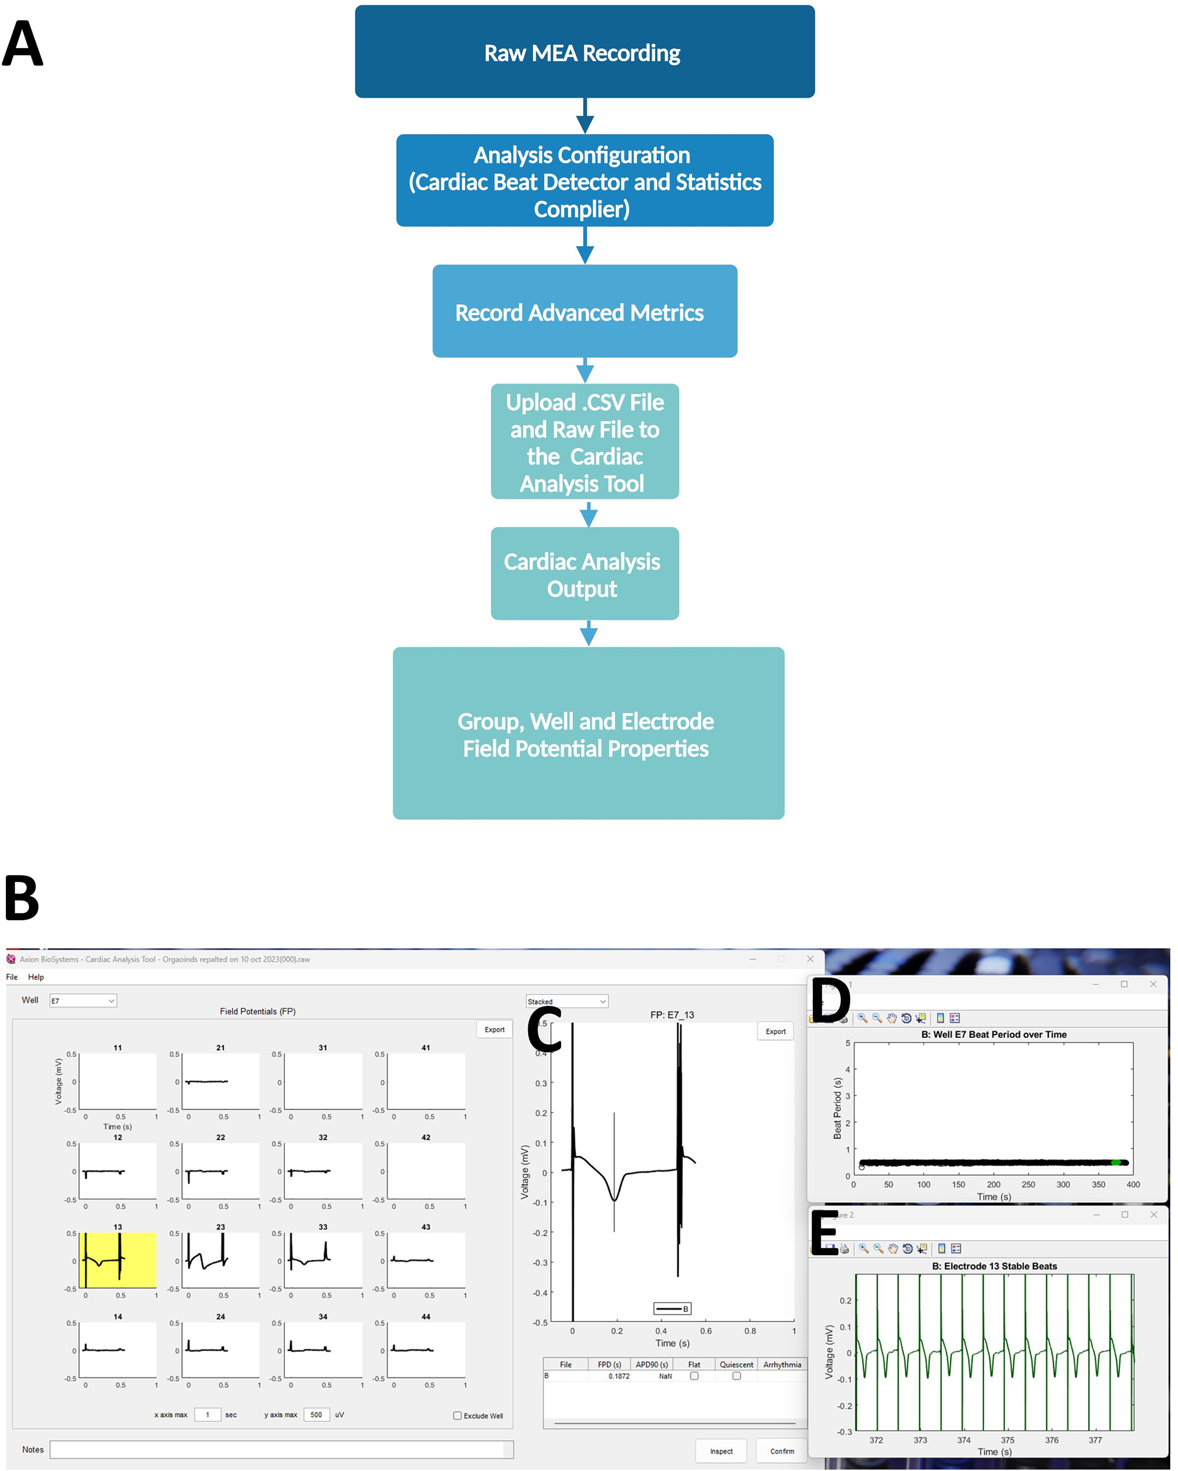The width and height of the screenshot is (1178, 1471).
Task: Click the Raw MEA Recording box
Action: click(584, 52)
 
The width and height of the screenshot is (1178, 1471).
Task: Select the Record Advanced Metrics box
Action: click(584, 311)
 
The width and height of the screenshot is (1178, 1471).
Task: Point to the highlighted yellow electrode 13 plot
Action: click(118, 1260)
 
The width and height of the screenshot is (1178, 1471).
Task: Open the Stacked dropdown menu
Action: click(566, 1002)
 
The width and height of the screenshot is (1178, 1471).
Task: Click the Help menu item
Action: click(35, 977)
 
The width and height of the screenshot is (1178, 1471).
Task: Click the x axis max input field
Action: click(208, 1415)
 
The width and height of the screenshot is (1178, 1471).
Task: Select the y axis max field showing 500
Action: click(316, 1415)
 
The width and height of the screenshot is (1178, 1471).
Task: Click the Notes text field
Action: click(281, 1450)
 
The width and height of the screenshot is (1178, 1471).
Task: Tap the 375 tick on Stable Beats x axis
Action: click(1008, 1440)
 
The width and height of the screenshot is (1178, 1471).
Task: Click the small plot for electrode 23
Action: click(220, 1260)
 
